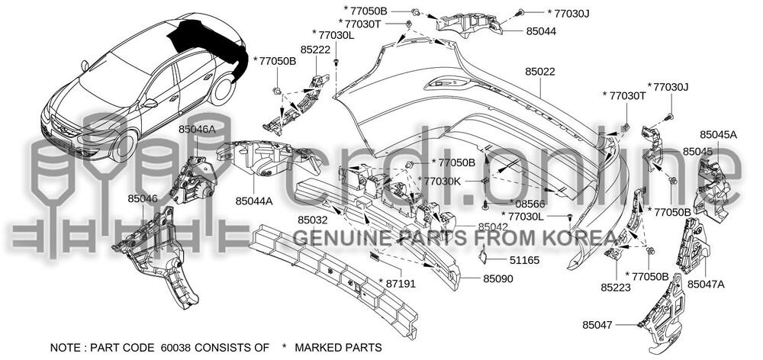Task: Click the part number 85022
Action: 540,72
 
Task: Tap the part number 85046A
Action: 197,130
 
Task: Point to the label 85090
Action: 497,279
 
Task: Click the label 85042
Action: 493,227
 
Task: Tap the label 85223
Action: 615,288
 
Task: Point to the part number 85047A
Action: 706,284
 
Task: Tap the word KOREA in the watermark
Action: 579,239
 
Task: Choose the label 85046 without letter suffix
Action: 143,198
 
